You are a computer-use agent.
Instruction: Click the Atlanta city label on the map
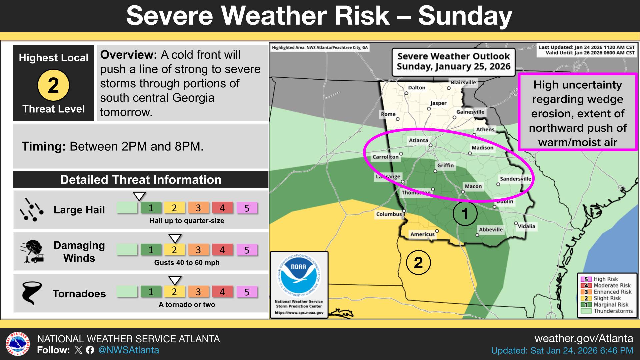coord(418,140)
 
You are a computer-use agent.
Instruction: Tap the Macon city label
coord(473,186)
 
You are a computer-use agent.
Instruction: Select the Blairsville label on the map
coord(463,82)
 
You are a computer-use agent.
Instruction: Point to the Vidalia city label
coord(526,226)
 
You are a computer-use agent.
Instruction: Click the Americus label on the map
coord(422,234)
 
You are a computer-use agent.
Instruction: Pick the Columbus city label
coord(389,214)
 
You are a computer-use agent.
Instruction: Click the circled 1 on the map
coord(465,213)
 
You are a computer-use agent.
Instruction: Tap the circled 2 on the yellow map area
coord(418,263)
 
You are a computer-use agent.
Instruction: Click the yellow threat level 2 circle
coord(53,85)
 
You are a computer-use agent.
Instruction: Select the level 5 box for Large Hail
coord(247,208)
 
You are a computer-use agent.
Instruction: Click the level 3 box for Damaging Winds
coord(198,250)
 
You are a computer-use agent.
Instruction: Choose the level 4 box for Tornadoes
coord(222,292)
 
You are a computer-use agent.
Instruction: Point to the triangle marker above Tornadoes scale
coord(175,280)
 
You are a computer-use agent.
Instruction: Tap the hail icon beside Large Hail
coord(31,210)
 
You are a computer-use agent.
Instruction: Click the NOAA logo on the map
coord(299,276)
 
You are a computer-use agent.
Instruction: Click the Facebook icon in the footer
coord(90,350)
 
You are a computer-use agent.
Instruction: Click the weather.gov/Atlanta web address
coord(584,339)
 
